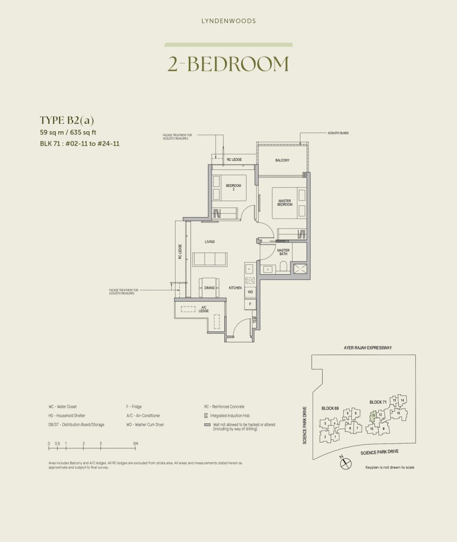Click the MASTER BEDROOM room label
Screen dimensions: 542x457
285,202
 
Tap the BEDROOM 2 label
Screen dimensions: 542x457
233,187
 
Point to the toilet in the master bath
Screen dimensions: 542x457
284,266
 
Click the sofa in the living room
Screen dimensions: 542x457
209,259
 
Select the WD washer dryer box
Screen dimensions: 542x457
250,292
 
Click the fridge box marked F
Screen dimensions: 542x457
250,304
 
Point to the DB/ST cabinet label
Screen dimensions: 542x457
254,320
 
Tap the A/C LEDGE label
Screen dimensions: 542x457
204,310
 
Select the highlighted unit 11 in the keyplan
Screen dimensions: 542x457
373,415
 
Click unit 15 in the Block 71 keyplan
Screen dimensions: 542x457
398,412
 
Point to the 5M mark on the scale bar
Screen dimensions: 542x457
135,443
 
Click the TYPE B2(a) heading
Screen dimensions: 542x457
67,120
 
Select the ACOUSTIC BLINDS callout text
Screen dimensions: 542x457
339,133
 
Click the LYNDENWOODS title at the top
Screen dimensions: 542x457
229,21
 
